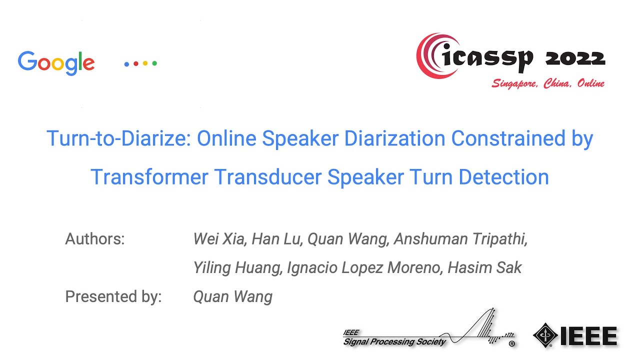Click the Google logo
point(56,63)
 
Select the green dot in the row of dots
point(154,63)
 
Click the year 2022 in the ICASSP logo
point(575,59)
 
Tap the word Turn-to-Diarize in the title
point(118,138)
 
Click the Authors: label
point(95,239)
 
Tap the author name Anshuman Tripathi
point(460,239)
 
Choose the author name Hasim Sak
point(484,268)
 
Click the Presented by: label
point(113,297)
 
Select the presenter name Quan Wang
point(232,297)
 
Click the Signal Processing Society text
point(394,342)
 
